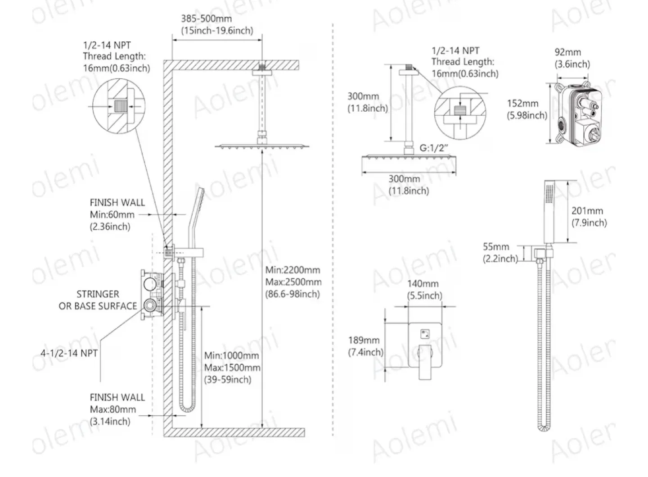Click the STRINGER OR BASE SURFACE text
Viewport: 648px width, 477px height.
pos(98,300)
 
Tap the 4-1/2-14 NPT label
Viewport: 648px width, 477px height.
pos(69,353)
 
